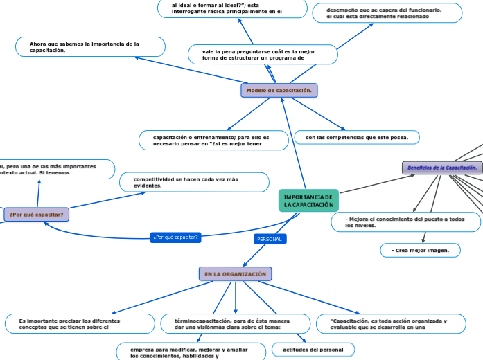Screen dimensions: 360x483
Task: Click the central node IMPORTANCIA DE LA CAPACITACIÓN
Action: [308, 201]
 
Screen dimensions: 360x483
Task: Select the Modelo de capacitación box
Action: [279, 91]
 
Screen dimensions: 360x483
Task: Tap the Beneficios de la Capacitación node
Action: [442, 168]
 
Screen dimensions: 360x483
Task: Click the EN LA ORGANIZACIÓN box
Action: [236, 274]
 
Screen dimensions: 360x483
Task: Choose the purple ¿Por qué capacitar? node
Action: [37, 215]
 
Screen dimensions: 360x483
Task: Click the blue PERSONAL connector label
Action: [270, 239]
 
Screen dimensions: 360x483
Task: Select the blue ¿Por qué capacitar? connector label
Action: [175, 237]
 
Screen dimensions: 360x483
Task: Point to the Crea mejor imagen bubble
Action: [420, 250]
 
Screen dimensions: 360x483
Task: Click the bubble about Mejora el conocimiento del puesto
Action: [405, 222]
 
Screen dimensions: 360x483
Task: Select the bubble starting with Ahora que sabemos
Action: [90, 47]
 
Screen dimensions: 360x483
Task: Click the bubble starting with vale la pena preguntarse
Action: [263, 55]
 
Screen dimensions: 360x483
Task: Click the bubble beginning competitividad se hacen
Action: [194, 182]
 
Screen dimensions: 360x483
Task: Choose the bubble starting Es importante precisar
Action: [80, 324]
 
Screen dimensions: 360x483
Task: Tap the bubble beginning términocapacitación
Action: [236, 324]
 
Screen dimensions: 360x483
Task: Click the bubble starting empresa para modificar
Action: [191, 352]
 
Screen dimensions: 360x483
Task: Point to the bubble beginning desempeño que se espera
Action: [386, 13]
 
